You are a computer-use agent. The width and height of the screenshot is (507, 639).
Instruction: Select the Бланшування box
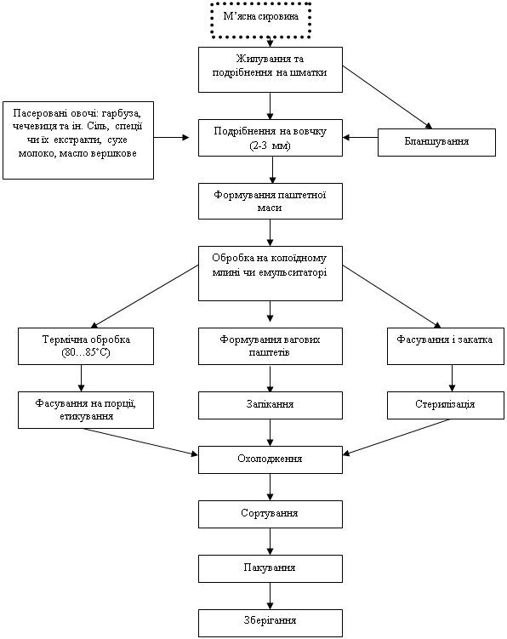pos(436,142)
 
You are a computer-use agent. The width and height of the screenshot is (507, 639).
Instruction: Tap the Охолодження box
pos(271,459)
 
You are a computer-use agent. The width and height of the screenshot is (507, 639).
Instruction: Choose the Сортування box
pos(271,514)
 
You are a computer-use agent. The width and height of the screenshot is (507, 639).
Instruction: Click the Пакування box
pos(271,568)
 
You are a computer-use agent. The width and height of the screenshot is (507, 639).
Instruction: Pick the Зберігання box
pos(271,623)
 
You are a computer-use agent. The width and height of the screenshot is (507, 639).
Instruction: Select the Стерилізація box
pos(446,406)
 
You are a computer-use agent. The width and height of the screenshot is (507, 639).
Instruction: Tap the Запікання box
pos(271,406)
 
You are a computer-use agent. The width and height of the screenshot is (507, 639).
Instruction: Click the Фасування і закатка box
pos(446,346)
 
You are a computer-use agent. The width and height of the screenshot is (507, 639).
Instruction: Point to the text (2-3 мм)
pos(270,145)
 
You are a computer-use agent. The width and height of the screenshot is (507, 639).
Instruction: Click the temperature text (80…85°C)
pos(86,352)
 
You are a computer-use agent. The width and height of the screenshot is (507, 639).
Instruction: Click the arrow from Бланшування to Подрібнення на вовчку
pos(361,137)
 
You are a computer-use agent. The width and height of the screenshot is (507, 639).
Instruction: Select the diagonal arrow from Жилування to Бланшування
pos(387,97)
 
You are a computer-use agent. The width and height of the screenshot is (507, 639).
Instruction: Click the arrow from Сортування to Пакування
pos(270,541)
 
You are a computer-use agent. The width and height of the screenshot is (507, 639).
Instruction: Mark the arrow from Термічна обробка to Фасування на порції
pos(81,378)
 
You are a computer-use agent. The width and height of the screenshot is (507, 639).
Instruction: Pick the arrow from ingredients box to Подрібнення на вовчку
pos(172,137)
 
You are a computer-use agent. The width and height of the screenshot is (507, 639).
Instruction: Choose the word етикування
pos(87,416)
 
